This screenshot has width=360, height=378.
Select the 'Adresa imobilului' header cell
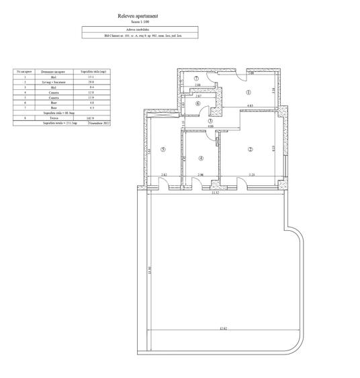point(138,29)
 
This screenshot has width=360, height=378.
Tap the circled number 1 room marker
point(248,93)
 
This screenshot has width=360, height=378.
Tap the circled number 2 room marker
point(249,149)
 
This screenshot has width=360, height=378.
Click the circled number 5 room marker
point(164,150)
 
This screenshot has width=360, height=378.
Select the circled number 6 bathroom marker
point(199,104)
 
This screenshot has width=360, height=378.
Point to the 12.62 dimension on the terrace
point(222,328)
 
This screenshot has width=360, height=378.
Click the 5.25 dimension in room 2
point(251,175)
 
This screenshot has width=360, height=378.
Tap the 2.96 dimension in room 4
point(199,175)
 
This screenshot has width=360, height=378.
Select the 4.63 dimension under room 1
point(249,106)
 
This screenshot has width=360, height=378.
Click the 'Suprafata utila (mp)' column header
point(90,70)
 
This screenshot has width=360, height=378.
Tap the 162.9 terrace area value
point(90,118)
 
